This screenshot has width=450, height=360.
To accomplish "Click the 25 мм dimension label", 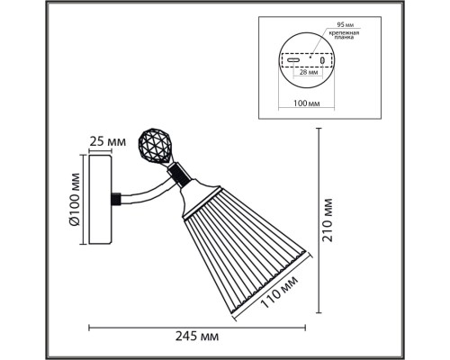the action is [x=108, y=142].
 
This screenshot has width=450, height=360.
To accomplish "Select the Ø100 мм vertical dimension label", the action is [x=74, y=199].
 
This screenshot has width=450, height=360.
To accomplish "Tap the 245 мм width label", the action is [x=197, y=337].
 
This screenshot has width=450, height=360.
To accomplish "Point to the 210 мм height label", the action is [x=327, y=220].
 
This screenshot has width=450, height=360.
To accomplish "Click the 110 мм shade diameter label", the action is [x=280, y=292].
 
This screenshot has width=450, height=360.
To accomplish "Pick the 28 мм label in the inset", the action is [x=309, y=72].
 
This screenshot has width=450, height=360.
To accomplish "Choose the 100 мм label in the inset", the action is [x=306, y=103].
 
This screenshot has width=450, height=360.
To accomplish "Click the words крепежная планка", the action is [x=344, y=35].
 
